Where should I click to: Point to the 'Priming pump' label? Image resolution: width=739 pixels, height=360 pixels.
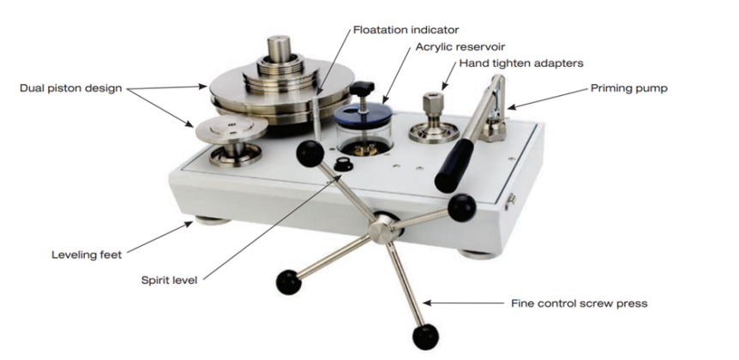point(628,87)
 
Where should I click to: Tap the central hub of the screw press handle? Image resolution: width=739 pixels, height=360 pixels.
point(379,226)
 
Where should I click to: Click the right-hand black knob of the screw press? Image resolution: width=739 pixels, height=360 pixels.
point(461,205)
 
